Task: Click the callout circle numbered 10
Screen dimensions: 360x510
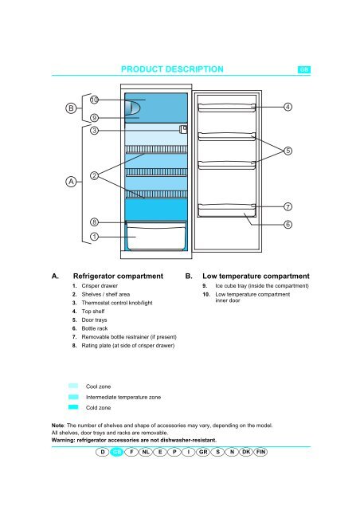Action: [x=94, y=100]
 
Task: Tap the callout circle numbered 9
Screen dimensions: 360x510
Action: [x=94, y=118]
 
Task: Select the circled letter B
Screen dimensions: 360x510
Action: [x=71, y=108]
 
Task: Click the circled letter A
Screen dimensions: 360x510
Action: [x=71, y=182]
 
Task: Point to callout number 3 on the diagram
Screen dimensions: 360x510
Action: [x=94, y=131]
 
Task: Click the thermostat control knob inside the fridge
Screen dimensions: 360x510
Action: [x=183, y=129]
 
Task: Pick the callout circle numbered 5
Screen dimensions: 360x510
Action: [x=288, y=151]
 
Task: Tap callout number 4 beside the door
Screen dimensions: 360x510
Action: [x=288, y=107]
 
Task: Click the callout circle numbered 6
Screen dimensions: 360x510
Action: [x=288, y=225]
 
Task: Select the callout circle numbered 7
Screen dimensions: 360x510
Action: [x=288, y=207]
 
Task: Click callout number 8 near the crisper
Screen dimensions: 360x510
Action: [x=94, y=222]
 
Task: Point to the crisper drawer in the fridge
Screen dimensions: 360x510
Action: [x=156, y=236]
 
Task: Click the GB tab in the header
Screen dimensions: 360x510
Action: [x=304, y=69]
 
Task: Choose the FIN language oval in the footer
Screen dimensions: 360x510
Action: [x=260, y=452]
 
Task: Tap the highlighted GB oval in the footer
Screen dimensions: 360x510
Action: [x=117, y=452]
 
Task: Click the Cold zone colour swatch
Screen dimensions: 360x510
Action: [x=73, y=407]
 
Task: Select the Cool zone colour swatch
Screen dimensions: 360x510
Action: [x=73, y=386]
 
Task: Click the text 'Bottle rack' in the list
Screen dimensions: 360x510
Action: [x=95, y=328]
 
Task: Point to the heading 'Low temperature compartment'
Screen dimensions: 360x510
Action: [x=256, y=277]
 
